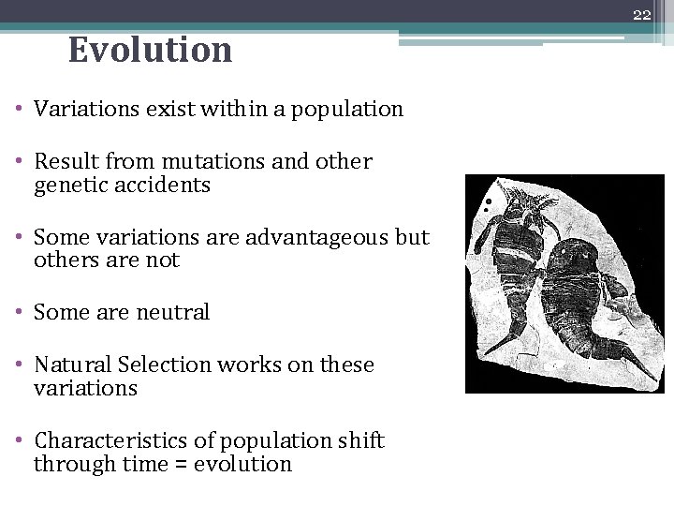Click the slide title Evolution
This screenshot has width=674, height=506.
[x=150, y=50]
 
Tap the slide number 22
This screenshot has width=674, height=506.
[x=641, y=14]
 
